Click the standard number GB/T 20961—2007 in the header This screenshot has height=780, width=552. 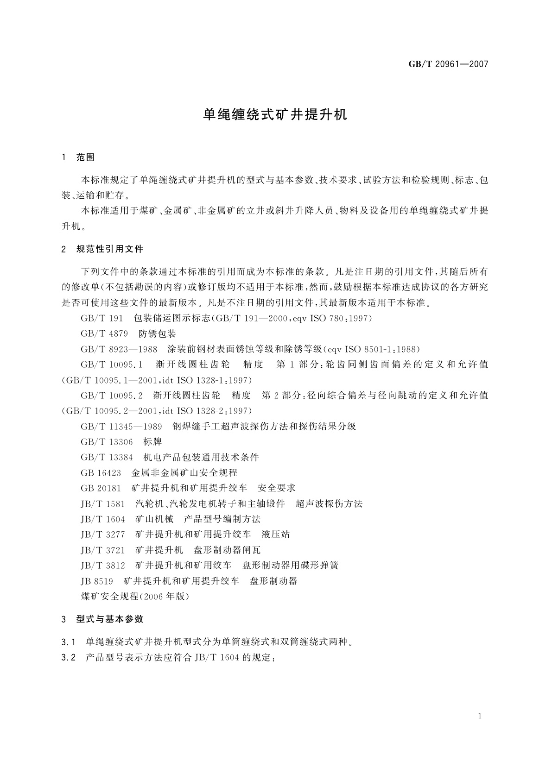point(448,64)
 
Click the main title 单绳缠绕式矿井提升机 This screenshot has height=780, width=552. point(275,115)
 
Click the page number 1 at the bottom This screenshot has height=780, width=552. point(480,716)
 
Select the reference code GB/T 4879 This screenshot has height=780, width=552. point(104,334)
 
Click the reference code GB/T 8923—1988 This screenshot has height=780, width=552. point(119,349)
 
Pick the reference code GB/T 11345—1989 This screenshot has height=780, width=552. point(121,427)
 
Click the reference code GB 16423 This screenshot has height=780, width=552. point(101,473)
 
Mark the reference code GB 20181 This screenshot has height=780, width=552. point(101,488)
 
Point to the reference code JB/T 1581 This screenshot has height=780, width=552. point(103,504)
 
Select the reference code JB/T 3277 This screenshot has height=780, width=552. point(103,535)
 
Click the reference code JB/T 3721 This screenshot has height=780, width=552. point(103,550)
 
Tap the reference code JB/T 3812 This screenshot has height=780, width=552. point(103,566)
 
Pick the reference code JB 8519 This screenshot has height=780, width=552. point(97,581)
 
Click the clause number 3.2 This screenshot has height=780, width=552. point(68,658)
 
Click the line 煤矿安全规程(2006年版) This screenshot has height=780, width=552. point(135,597)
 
